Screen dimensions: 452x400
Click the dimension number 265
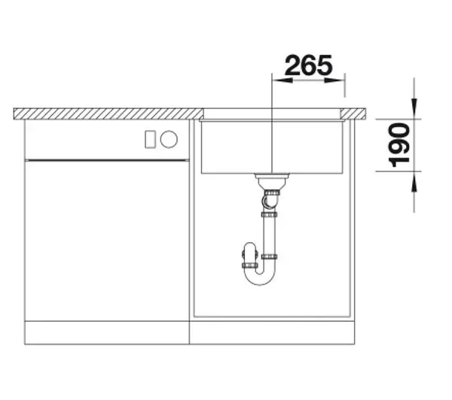tap(308, 65)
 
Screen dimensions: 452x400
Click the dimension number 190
tap(399, 145)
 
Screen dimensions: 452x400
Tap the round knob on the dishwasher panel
tap(169, 139)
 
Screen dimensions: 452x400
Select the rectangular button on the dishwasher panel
tap(150, 139)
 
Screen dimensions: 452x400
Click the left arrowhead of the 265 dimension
tap(282, 80)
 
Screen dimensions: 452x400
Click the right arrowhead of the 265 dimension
tap(334, 80)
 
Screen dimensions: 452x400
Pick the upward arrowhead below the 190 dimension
tap(414, 182)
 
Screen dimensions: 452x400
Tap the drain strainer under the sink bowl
tap(272, 180)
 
